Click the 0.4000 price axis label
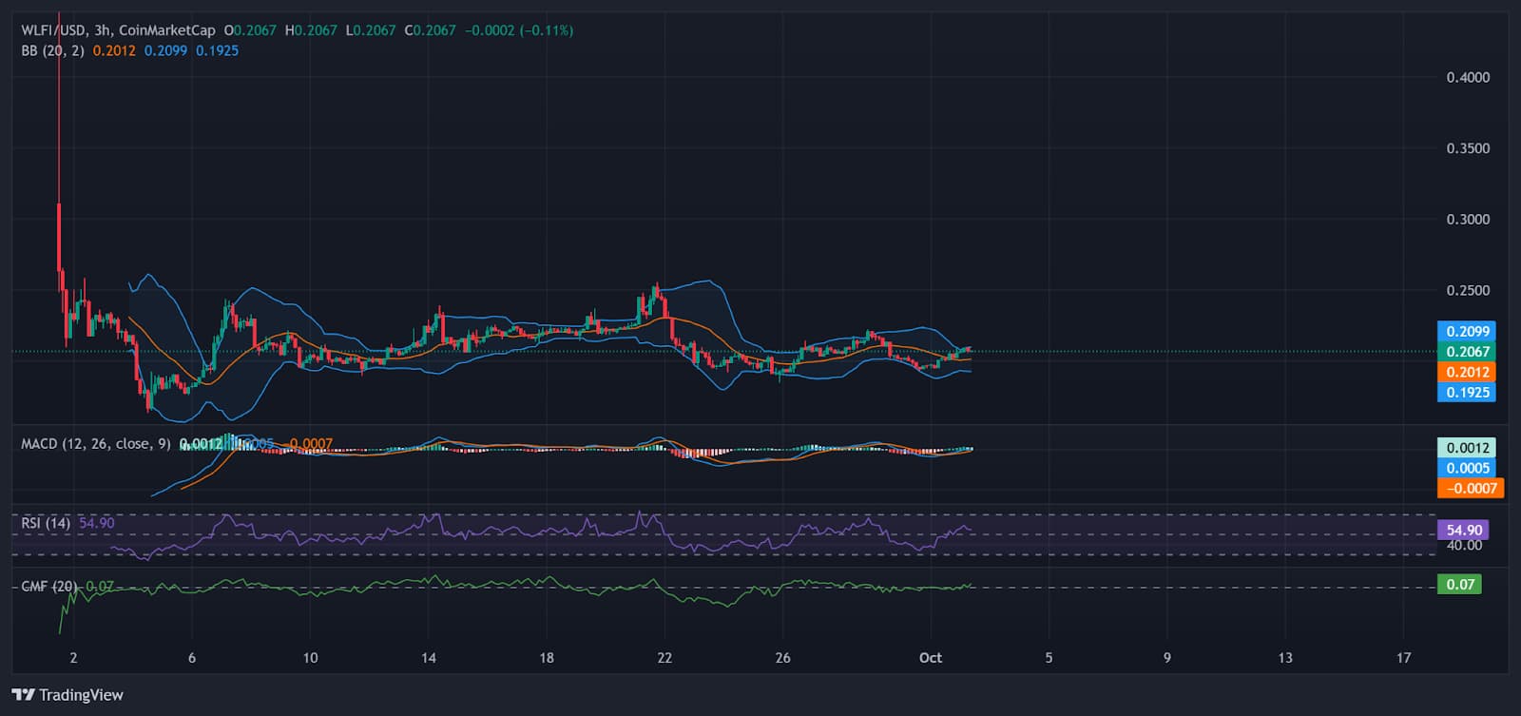[x=1468, y=77]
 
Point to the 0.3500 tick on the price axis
[x=1468, y=148]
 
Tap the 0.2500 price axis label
[x=1468, y=290]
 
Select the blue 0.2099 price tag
[x=1467, y=331]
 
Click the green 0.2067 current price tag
[x=1467, y=352]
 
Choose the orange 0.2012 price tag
[x=1467, y=372]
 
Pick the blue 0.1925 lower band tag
[x=1467, y=392]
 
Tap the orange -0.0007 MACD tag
[x=1471, y=488]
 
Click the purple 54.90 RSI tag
[x=1464, y=530]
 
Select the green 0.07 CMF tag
[x=1459, y=584]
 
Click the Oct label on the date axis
[x=930, y=657]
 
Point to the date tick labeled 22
[x=664, y=657]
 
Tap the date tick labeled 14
[x=429, y=657]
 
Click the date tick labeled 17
[x=1403, y=657]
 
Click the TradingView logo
[x=67, y=695]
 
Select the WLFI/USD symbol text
[x=53, y=30]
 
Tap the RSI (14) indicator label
[x=46, y=523]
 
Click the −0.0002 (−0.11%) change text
[x=519, y=30]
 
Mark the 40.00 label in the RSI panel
[x=1464, y=545]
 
